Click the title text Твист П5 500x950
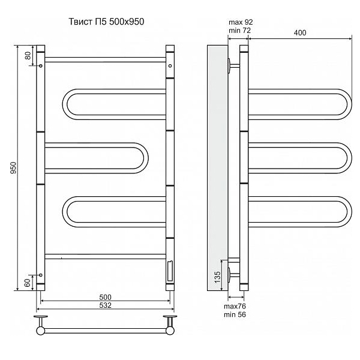click(107, 22)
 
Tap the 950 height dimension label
click(14, 167)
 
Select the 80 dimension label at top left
click(28, 56)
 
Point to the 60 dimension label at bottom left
click(28, 283)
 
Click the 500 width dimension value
click(105, 297)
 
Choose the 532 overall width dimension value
click(105, 305)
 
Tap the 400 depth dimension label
click(300, 33)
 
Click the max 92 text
click(241, 22)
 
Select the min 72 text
click(239, 31)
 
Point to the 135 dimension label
click(217, 277)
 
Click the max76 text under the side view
click(235, 306)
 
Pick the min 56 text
click(235, 314)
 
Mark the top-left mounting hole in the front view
click(41, 66)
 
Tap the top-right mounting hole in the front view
click(170, 66)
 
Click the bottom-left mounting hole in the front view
click(41, 275)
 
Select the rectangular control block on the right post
click(170, 271)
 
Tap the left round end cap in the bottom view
click(40, 331)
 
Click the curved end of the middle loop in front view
click(146, 158)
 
